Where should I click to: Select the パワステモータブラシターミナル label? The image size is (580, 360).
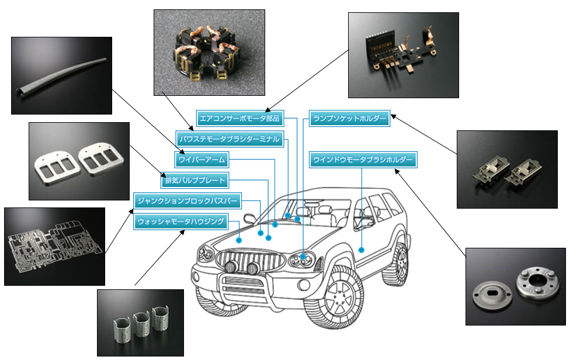[230, 139]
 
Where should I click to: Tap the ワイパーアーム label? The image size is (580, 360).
[201, 159]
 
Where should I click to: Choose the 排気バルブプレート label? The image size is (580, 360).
[195, 180]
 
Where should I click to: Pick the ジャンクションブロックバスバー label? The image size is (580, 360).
[187, 201]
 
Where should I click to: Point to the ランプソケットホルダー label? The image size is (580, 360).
[349, 119]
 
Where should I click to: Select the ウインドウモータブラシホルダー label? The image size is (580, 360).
[363, 159]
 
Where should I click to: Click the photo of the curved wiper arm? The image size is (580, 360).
[61, 75]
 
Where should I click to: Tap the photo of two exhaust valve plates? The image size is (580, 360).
[79, 161]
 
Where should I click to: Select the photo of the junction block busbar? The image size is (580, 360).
[54, 246]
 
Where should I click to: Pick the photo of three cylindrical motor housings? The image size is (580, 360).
[140, 322]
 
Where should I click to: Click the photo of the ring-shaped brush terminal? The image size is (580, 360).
[209, 53]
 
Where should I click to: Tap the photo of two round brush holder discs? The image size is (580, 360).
[515, 286]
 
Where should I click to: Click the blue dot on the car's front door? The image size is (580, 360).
[362, 250]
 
